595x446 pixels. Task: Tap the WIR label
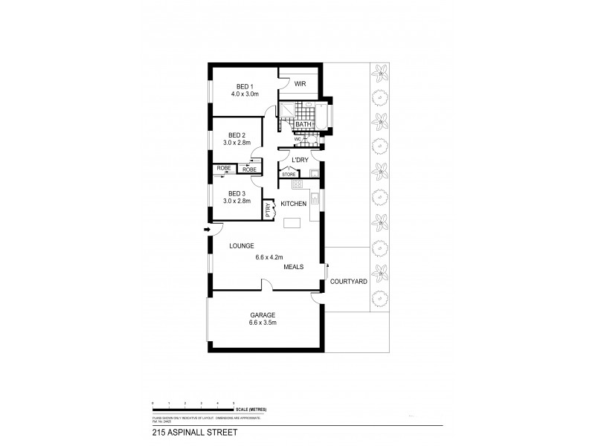pos(300,84)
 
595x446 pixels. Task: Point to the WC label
pos(297,138)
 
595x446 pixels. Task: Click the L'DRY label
pos(300,160)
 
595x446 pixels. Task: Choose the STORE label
pos(289,175)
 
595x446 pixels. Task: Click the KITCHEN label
pos(295,203)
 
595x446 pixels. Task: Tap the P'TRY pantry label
pos(268,210)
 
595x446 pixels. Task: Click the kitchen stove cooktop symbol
pos(297,184)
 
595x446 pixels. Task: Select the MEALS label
pos(292,268)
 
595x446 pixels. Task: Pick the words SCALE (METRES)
pos(252,410)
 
